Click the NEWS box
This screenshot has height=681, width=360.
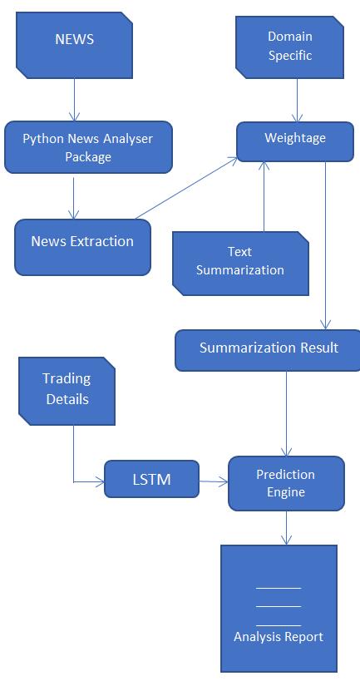pos(74,45)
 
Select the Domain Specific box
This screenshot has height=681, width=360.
pos(289,47)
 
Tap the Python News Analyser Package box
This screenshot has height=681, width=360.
pos(89,147)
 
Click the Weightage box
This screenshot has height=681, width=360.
pos(295,141)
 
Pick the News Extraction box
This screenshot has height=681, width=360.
pos(82,247)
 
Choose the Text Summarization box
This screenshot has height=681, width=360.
pos(240,264)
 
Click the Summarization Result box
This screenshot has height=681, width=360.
pos(268,350)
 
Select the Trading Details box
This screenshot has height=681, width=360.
pos(67,391)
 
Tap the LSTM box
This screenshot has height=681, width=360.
pos(151,479)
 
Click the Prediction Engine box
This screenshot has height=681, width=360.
pos(286,483)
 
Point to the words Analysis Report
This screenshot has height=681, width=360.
pos(279,637)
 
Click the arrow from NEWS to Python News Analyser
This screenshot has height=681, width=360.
pos(74,100)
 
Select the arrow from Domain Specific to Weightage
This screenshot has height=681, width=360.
pos(298,101)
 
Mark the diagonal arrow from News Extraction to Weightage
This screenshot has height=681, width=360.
pos(187,188)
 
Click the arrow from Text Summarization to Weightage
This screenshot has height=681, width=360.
pos(264,196)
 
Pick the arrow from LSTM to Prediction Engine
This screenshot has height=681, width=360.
pos(214,481)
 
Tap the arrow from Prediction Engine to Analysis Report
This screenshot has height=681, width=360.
pos(286,528)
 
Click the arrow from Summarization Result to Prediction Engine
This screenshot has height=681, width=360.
pos(286,414)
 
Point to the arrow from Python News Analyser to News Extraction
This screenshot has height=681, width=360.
pos(74,196)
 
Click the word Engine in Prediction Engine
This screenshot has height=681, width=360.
pos(286,492)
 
